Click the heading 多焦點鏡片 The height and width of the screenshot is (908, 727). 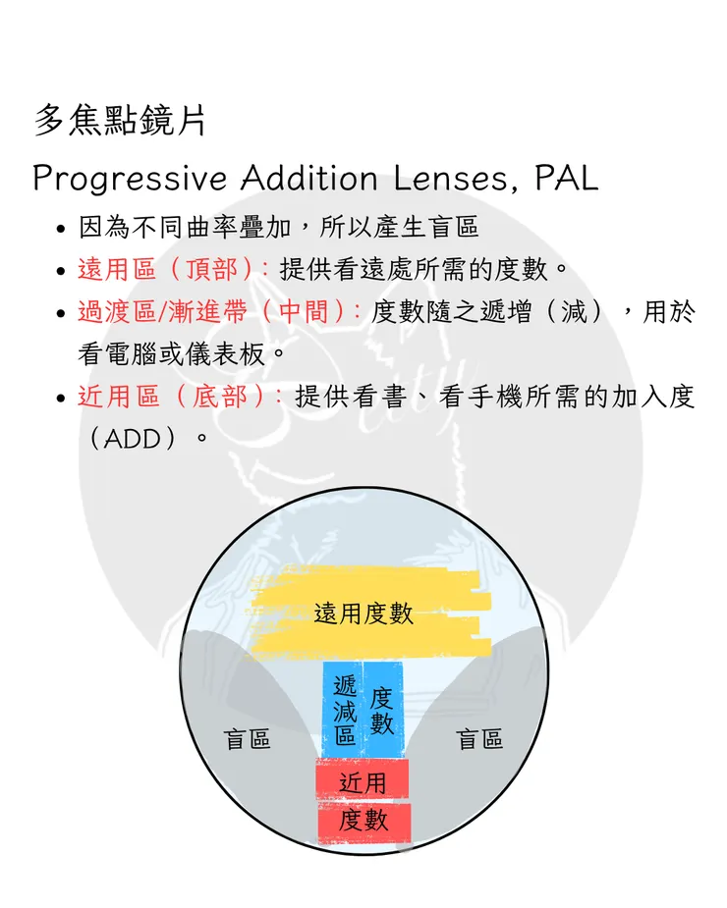120,121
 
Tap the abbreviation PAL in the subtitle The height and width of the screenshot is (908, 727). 566,178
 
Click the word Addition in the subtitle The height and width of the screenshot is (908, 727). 309,178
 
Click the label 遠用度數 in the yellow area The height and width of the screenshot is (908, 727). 364,614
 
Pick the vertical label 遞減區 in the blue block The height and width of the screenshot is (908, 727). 345,711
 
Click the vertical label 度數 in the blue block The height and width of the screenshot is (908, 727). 381,711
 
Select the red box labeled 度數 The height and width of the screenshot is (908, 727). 364,823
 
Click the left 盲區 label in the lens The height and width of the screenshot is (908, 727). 247,739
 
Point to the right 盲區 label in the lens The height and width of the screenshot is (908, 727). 479,739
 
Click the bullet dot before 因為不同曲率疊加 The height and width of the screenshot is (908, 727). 62,229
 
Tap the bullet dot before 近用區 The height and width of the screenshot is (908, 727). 62,399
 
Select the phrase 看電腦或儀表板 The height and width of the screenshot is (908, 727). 172,354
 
